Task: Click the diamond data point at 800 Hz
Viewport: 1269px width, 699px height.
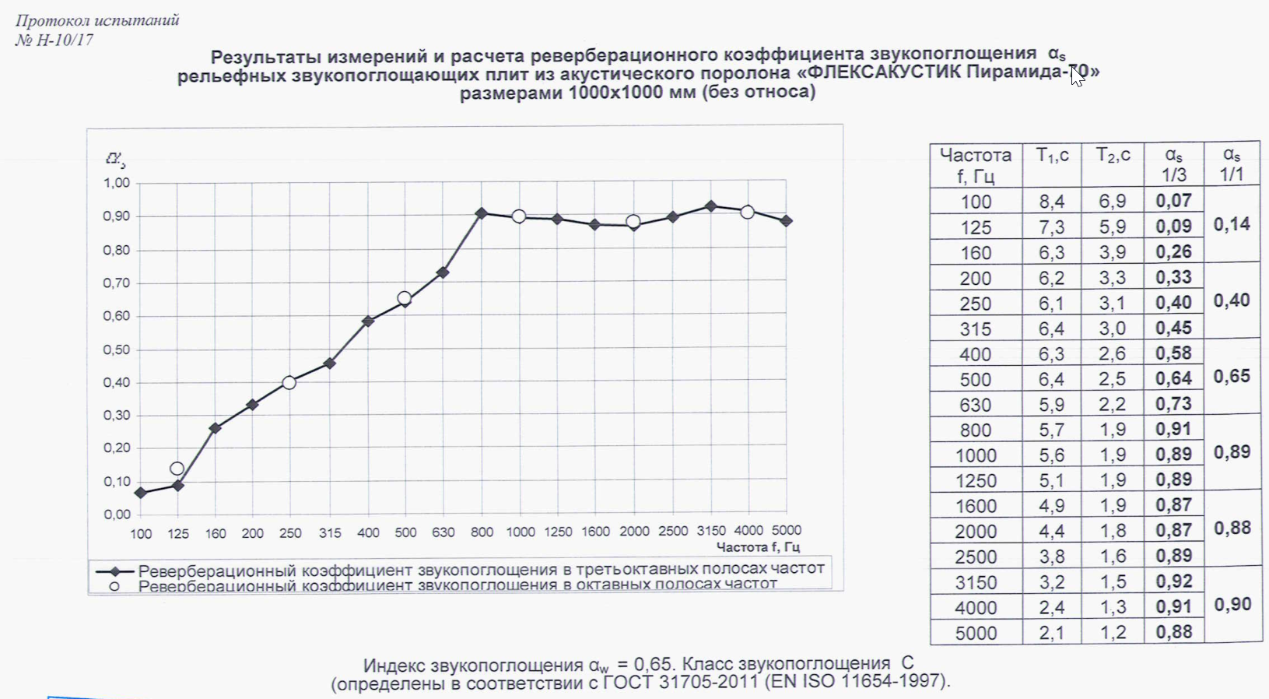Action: click(482, 213)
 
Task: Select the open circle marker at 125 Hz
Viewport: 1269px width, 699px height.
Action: click(177, 469)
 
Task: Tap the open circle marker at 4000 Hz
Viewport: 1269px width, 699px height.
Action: click(747, 212)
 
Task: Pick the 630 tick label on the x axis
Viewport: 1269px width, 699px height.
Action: click(443, 532)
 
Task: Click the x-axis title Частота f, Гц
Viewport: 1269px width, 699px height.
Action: click(758, 547)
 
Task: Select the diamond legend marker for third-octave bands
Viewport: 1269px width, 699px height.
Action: click(114, 570)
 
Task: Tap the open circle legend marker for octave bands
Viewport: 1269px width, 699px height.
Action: click(114, 586)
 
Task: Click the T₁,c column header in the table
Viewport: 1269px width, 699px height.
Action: click(1052, 156)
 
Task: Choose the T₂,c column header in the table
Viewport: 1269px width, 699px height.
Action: click(1113, 156)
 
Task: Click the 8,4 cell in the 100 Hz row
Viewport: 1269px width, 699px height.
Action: click(1052, 202)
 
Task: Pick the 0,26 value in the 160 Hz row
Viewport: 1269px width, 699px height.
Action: click(1173, 252)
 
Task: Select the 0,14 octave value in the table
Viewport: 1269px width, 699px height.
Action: click(1232, 225)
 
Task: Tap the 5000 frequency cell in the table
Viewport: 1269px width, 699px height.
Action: click(976, 633)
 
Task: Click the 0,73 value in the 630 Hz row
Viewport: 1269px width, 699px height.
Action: click(1173, 404)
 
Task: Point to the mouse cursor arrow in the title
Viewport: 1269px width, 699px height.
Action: click(1077, 76)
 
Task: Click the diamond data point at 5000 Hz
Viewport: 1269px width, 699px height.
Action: click(787, 221)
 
